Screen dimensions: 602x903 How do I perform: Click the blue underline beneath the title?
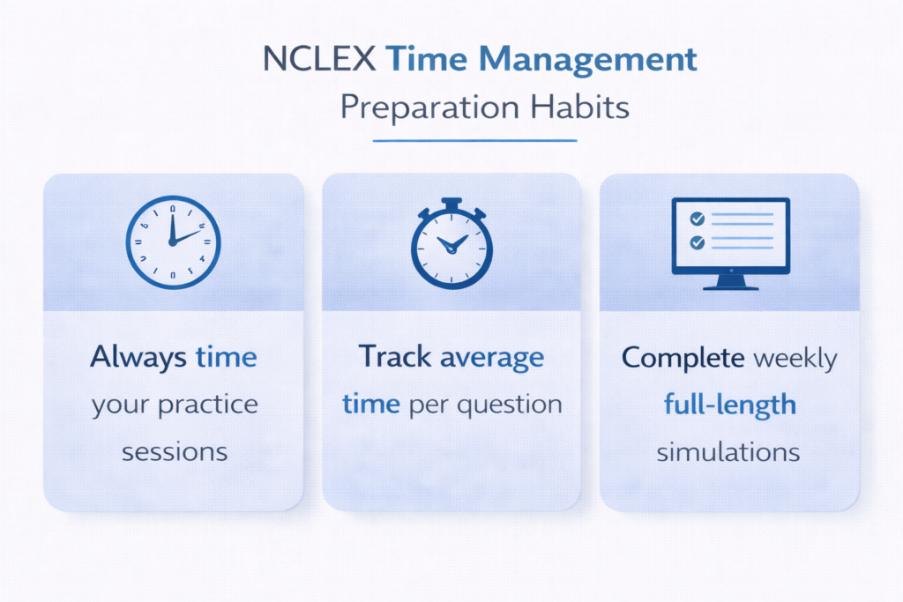point(474,140)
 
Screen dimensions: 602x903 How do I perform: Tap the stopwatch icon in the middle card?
point(451,244)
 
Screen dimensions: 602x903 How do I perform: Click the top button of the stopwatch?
point(451,203)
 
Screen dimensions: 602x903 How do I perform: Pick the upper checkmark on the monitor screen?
point(697,217)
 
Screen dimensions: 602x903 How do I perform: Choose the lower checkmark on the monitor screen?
point(697,242)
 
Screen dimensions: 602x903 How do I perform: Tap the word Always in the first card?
point(138,357)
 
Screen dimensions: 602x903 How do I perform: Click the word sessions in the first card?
point(175,451)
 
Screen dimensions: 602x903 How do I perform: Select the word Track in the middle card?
point(395,357)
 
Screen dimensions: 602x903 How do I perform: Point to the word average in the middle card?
point(492,358)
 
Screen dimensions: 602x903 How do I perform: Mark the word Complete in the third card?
point(681,357)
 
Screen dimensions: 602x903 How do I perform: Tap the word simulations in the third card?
point(728,452)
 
